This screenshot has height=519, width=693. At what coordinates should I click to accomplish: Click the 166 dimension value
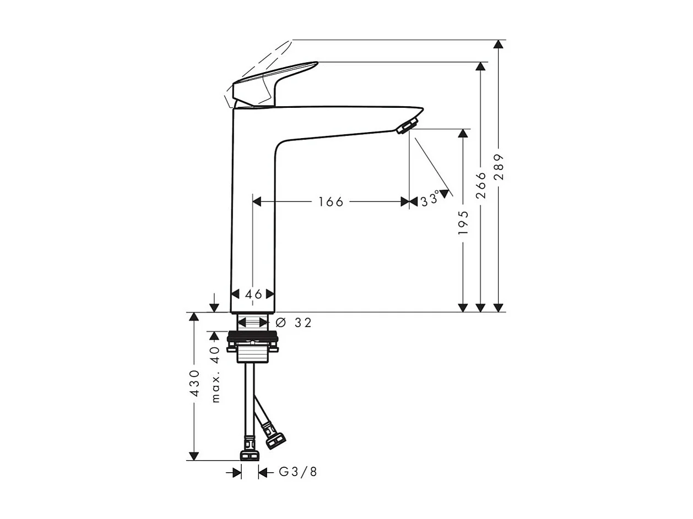pos(331,202)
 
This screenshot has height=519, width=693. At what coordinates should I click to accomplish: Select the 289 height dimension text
pos(499,167)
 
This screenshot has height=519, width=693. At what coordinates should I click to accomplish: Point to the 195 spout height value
pos(463,222)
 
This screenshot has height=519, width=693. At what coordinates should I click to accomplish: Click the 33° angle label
pos(430,199)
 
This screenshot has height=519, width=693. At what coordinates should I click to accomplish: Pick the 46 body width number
pos(253,294)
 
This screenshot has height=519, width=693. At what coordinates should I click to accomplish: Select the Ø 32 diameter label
pos(294,323)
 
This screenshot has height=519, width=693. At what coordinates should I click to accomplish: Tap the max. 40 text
pos(215,374)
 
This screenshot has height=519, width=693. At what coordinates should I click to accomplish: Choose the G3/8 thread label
pos(298,472)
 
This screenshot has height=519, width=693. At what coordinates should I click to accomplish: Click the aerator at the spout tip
pos(407,126)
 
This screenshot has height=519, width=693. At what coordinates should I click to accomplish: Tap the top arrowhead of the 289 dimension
pos(499,45)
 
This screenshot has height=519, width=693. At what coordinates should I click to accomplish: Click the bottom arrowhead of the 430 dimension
pos(193,456)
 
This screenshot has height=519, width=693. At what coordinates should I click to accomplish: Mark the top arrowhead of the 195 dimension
pos(463,134)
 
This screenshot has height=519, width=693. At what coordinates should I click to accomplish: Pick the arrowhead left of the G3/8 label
pos(237,472)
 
